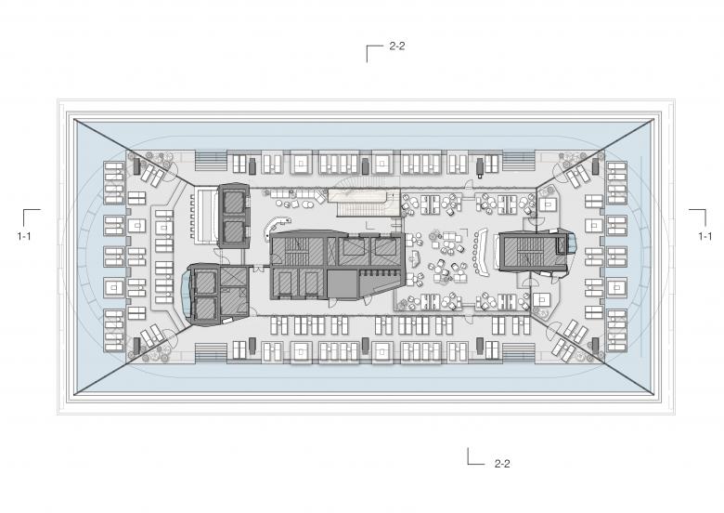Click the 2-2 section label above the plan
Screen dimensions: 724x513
[x=397, y=46]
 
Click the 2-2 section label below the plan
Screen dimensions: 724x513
[x=502, y=464]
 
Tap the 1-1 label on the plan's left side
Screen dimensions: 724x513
[x=24, y=236]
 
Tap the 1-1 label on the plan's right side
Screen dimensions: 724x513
[x=705, y=236]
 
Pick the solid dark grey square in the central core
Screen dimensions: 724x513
[x=343, y=284]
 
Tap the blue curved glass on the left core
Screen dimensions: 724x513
[x=185, y=291]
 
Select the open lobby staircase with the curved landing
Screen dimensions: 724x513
[x=363, y=202]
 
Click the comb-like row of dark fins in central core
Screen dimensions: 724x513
[x=380, y=273]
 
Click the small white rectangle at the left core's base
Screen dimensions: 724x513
[x=226, y=321]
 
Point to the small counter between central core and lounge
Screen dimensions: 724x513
[x=414, y=257]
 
